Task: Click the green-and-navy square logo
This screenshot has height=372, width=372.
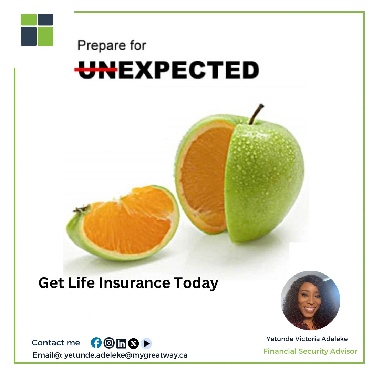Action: [x=37, y=30]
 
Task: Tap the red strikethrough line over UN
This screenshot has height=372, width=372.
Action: [x=96, y=70]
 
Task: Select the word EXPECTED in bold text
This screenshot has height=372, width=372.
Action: [x=188, y=70]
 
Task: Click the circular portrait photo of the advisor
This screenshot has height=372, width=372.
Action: [x=310, y=300]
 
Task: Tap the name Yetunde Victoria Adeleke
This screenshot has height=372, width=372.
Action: [x=307, y=339]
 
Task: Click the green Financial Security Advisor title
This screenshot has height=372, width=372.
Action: [x=310, y=351]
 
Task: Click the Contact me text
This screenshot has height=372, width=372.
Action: [x=56, y=343]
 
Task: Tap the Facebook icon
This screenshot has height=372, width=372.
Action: [x=96, y=343]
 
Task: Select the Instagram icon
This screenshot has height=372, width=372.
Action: [x=109, y=343]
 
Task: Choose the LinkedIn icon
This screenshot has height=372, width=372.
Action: [x=121, y=343]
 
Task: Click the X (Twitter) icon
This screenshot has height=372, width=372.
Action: [x=133, y=343]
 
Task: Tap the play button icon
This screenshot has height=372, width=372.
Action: [x=146, y=343]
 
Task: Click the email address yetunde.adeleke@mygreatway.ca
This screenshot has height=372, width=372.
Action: [x=126, y=355]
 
